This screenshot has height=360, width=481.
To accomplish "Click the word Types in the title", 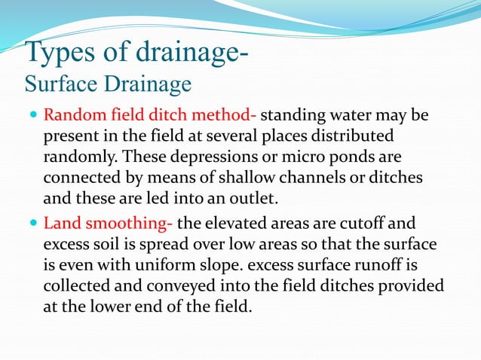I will point(62,54).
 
